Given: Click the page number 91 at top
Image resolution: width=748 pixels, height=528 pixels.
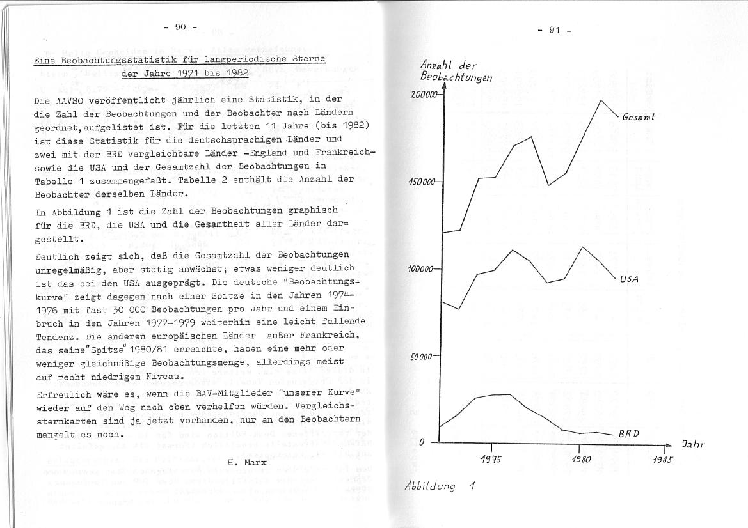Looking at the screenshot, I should click(x=554, y=30).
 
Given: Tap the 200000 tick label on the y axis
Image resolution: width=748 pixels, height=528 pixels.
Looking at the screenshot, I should click(x=425, y=95).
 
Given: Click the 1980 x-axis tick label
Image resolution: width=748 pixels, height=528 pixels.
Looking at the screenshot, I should click(x=582, y=459).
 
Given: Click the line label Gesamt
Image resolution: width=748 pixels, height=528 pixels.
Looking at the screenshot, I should click(x=638, y=118).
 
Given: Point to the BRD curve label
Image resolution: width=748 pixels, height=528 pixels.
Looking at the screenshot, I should click(x=628, y=434).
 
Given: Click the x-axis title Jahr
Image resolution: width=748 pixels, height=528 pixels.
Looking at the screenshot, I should click(x=693, y=444).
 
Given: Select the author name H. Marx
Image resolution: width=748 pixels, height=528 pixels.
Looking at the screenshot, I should click(x=241, y=461).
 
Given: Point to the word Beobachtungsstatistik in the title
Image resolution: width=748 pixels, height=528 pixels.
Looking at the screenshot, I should click(x=107, y=59).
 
